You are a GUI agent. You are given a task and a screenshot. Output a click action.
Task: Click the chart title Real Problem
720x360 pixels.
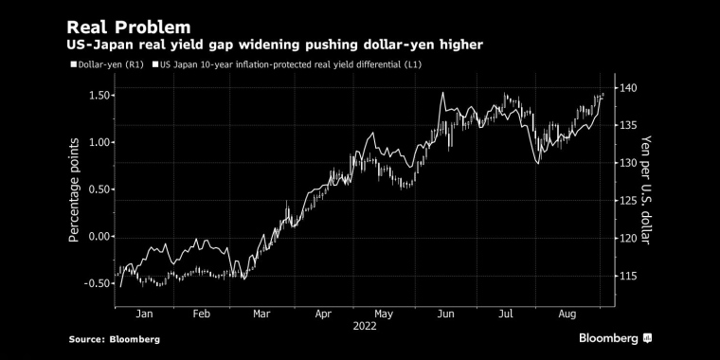[x=129, y=27]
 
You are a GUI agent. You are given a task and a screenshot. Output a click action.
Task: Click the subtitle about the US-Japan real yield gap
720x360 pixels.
[x=275, y=45]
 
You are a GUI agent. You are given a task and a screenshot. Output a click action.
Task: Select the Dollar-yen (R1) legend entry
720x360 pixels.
[x=107, y=64]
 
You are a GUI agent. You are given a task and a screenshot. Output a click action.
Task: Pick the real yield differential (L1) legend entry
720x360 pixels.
[x=287, y=64]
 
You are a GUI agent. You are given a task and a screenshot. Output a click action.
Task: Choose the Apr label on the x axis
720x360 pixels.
[x=323, y=315]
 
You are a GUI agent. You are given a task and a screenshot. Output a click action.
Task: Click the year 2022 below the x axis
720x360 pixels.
[x=365, y=326]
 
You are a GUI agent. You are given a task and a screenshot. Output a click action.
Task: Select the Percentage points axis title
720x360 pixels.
[x=74, y=190]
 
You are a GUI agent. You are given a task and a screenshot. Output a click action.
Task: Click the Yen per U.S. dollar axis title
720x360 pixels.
[x=646, y=190]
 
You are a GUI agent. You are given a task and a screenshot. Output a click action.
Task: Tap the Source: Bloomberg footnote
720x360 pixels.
[x=115, y=339]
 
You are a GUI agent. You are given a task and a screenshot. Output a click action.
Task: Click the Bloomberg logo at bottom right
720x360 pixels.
[x=615, y=339]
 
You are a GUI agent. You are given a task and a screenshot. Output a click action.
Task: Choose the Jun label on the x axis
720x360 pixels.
[x=445, y=315]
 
